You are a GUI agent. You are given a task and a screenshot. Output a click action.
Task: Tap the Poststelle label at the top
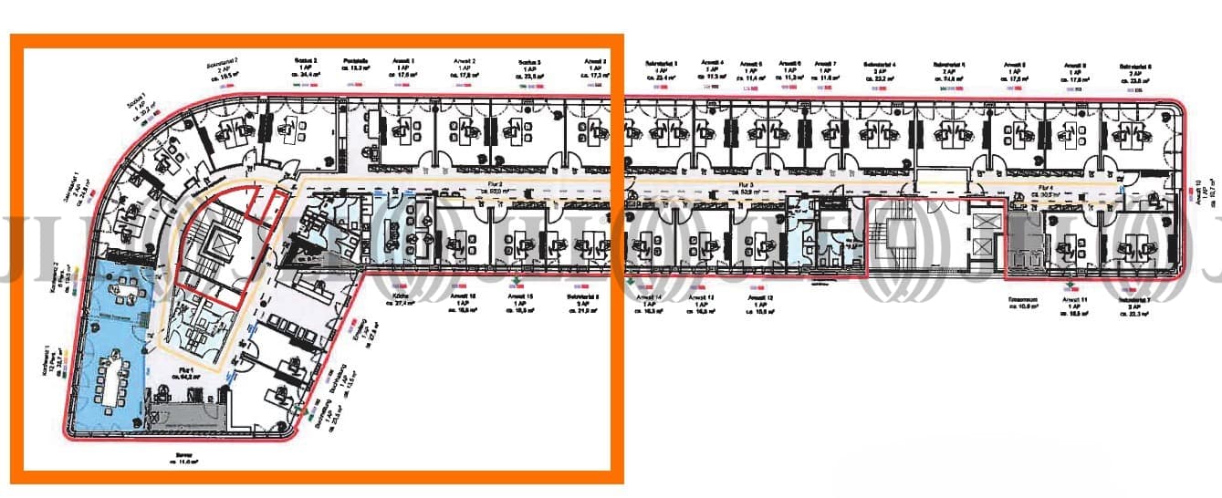tap(355, 61)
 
